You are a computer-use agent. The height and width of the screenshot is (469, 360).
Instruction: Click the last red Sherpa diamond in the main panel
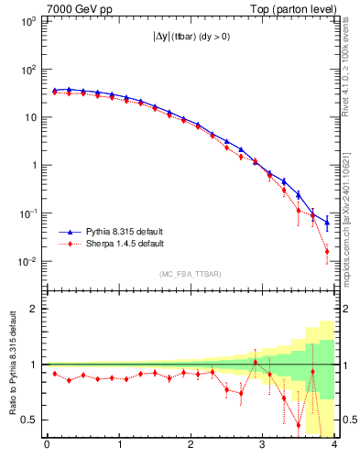327,251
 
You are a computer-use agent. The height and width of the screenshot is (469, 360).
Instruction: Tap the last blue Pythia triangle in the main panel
327,223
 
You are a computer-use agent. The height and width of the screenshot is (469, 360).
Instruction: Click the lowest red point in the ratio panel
299,425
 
